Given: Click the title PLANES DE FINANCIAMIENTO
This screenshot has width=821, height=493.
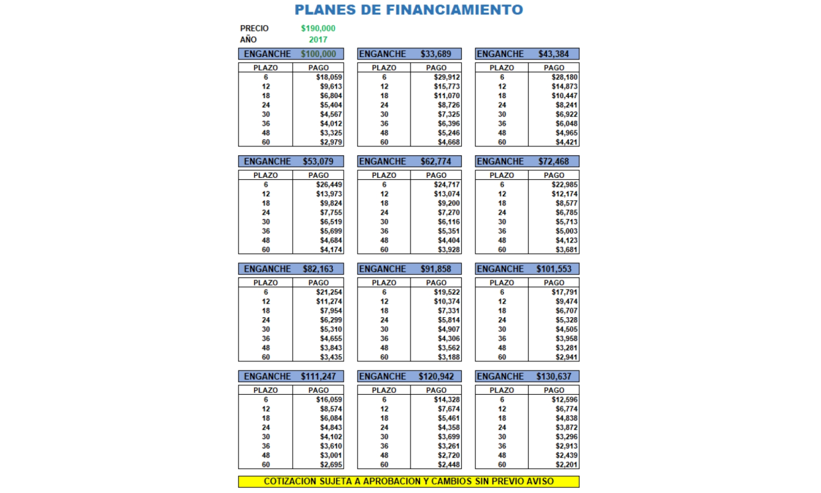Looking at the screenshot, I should tap(409, 10).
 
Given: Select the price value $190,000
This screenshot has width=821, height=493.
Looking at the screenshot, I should tap(318, 28).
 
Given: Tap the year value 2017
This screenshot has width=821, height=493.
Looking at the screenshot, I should tap(318, 39).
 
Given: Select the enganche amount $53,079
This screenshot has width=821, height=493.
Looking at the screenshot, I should tap(318, 161).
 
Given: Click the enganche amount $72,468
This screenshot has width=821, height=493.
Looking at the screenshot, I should tap(554, 161).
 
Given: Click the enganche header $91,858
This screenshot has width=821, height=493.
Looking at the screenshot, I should tap(436, 269).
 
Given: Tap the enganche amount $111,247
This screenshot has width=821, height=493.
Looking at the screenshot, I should tap(318, 376).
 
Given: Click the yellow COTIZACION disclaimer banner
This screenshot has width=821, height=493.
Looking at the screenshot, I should tap(409, 481).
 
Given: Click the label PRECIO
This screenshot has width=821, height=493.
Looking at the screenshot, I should tap(255, 28).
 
